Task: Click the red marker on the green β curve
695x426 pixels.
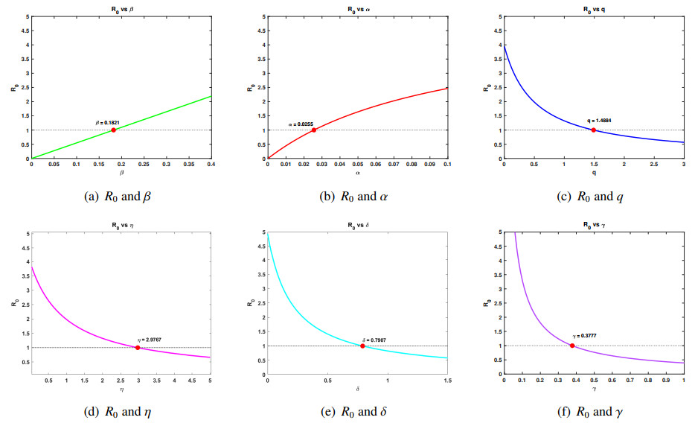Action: tap(113, 130)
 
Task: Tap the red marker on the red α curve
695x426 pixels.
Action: tap(313, 130)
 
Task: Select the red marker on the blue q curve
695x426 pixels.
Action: tap(593, 130)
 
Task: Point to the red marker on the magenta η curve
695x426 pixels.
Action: tap(138, 348)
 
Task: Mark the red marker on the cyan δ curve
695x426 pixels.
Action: tap(362, 346)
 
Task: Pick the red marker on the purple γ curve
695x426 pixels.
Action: tap(571, 346)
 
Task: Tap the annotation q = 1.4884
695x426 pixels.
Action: tap(598, 121)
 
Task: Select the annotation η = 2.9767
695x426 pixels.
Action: tap(149, 340)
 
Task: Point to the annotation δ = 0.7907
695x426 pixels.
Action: tap(374, 339)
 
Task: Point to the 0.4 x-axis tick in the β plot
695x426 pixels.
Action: tap(211, 165)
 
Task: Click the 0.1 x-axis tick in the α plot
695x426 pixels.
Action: tap(446, 165)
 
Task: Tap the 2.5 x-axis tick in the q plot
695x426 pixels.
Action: tap(653, 165)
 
